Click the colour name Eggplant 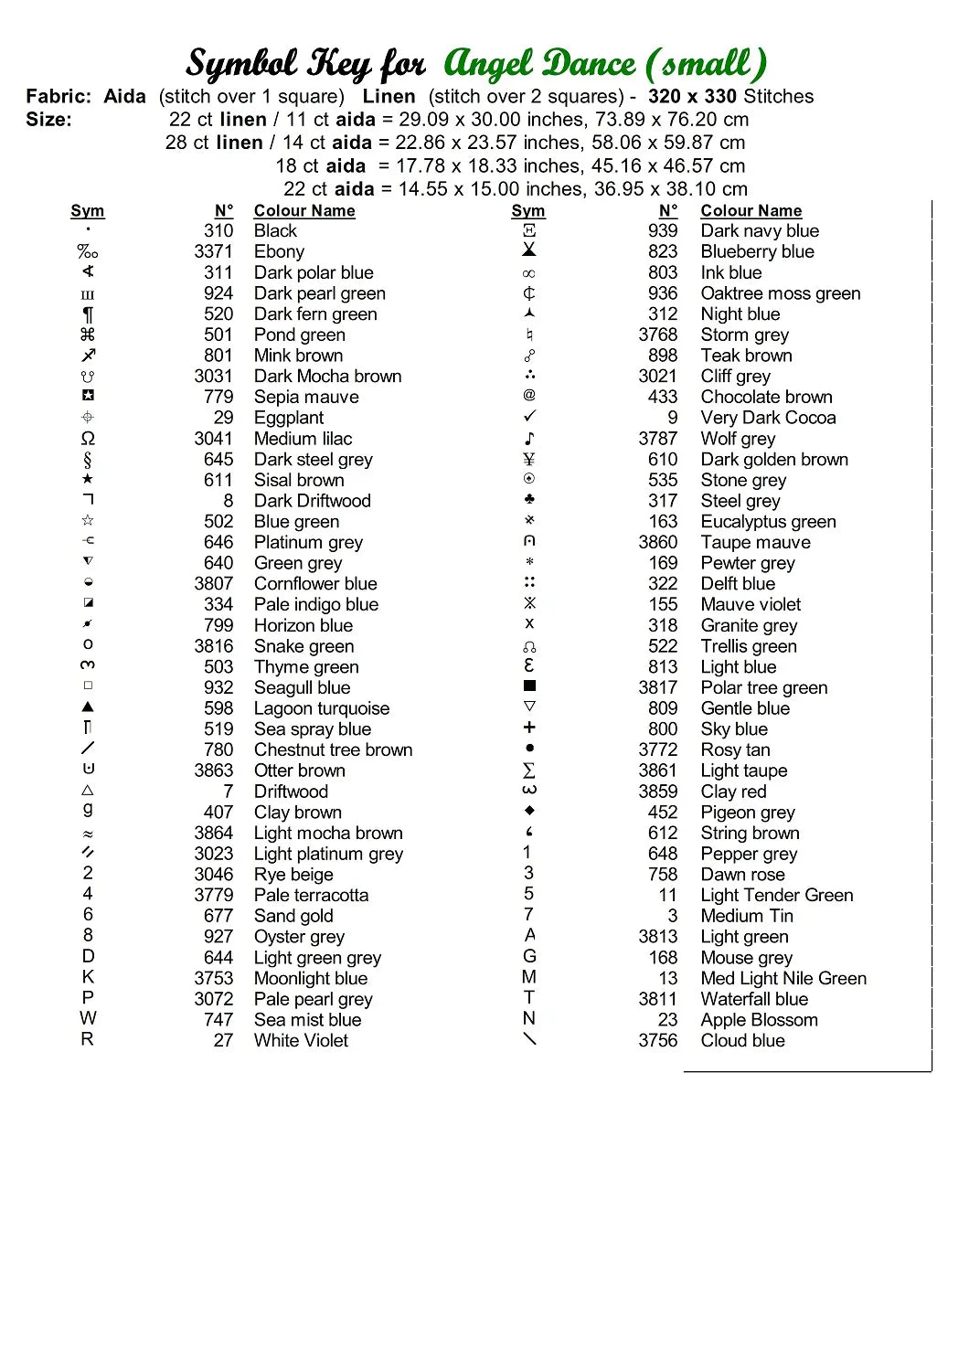click(x=289, y=418)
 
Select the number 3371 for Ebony click(x=213, y=251)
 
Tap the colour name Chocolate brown click(x=766, y=397)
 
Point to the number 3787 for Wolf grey click(x=657, y=439)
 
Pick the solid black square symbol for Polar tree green click(x=529, y=685)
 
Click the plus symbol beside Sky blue click(x=529, y=728)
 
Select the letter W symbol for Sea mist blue click(x=88, y=1018)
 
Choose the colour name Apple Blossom click(x=759, y=1020)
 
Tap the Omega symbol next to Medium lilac click(x=88, y=439)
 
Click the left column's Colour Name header click(x=304, y=211)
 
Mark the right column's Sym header click(x=528, y=211)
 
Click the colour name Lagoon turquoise click(x=322, y=708)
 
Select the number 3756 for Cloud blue click(x=657, y=1041)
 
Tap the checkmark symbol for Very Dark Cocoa click(x=529, y=417)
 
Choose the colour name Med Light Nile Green click(x=783, y=979)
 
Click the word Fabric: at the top click(x=59, y=97)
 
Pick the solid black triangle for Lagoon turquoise click(x=88, y=707)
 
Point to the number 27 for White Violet click(x=223, y=1041)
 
